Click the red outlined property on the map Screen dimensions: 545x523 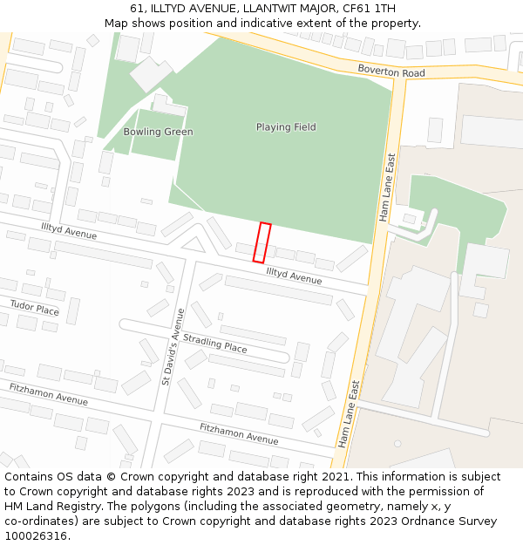tap(261, 242)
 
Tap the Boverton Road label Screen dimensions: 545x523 tap(391, 72)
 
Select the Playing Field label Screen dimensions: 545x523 tap(286, 127)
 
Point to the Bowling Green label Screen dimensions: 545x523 tap(158, 132)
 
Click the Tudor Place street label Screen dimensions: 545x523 tap(35, 307)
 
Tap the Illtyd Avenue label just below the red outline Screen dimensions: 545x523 tap(294, 276)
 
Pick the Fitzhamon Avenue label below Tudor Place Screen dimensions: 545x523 tap(49, 394)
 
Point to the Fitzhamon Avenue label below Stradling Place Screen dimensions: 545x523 tap(239, 433)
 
